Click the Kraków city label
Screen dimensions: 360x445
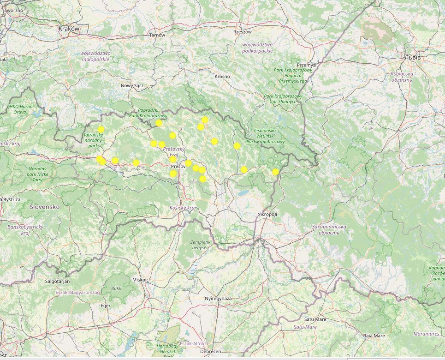(x=69, y=29)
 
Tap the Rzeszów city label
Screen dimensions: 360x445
(x=243, y=32)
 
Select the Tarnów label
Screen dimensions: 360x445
(x=157, y=35)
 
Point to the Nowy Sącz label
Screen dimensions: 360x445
(x=132, y=85)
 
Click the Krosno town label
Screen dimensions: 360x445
(x=222, y=76)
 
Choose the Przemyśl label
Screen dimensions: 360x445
(x=307, y=65)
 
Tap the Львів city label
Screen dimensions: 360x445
(x=412, y=57)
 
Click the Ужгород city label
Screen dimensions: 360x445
(x=267, y=215)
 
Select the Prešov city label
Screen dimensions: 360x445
(x=178, y=166)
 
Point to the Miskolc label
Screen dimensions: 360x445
(x=141, y=280)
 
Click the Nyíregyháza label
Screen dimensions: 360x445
(x=218, y=299)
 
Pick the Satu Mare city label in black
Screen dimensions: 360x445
(x=315, y=319)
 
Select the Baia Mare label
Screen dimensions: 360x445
(x=374, y=336)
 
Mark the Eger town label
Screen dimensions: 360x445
(x=106, y=306)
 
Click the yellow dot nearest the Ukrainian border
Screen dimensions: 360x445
(x=275, y=172)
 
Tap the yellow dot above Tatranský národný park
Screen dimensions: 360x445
(x=101, y=130)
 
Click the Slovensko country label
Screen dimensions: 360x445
(x=45, y=207)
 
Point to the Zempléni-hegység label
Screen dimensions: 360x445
(x=200, y=245)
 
